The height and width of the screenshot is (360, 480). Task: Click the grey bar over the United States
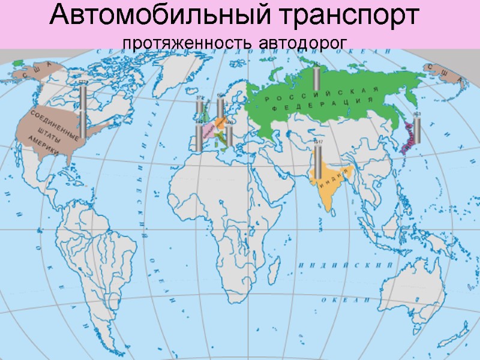(83, 111)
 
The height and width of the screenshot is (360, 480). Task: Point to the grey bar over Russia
(316, 78)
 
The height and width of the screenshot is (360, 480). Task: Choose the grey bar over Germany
(220, 109)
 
